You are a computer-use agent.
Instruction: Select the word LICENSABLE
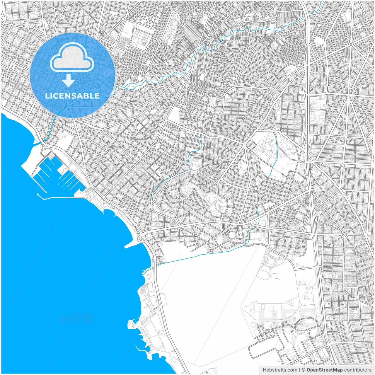coord(72,96)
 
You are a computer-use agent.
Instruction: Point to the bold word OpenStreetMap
coord(324,370)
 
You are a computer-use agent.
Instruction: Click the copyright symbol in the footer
coord(304,370)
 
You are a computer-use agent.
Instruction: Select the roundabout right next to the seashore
coord(141,239)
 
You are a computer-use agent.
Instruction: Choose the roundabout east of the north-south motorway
coord(344,234)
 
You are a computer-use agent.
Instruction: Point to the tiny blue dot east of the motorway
coord(323,163)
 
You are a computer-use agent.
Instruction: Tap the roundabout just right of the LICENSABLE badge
coord(113,111)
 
